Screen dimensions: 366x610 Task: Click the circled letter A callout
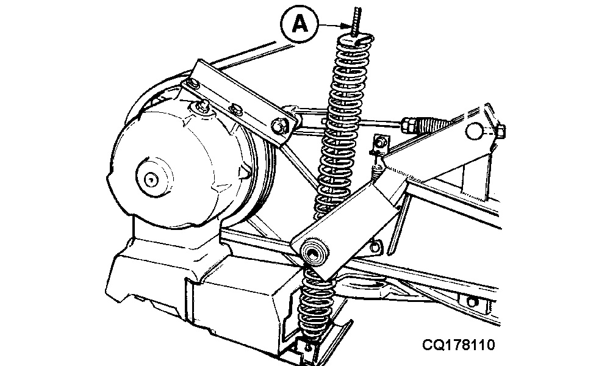click(x=300, y=26)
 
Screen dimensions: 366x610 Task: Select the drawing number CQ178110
click(x=458, y=346)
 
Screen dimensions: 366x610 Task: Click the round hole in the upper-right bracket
click(x=475, y=131)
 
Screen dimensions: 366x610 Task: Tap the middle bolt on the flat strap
click(x=237, y=110)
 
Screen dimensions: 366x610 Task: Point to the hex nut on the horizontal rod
click(x=407, y=125)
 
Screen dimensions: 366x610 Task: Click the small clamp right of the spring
click(x=380, y=142)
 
